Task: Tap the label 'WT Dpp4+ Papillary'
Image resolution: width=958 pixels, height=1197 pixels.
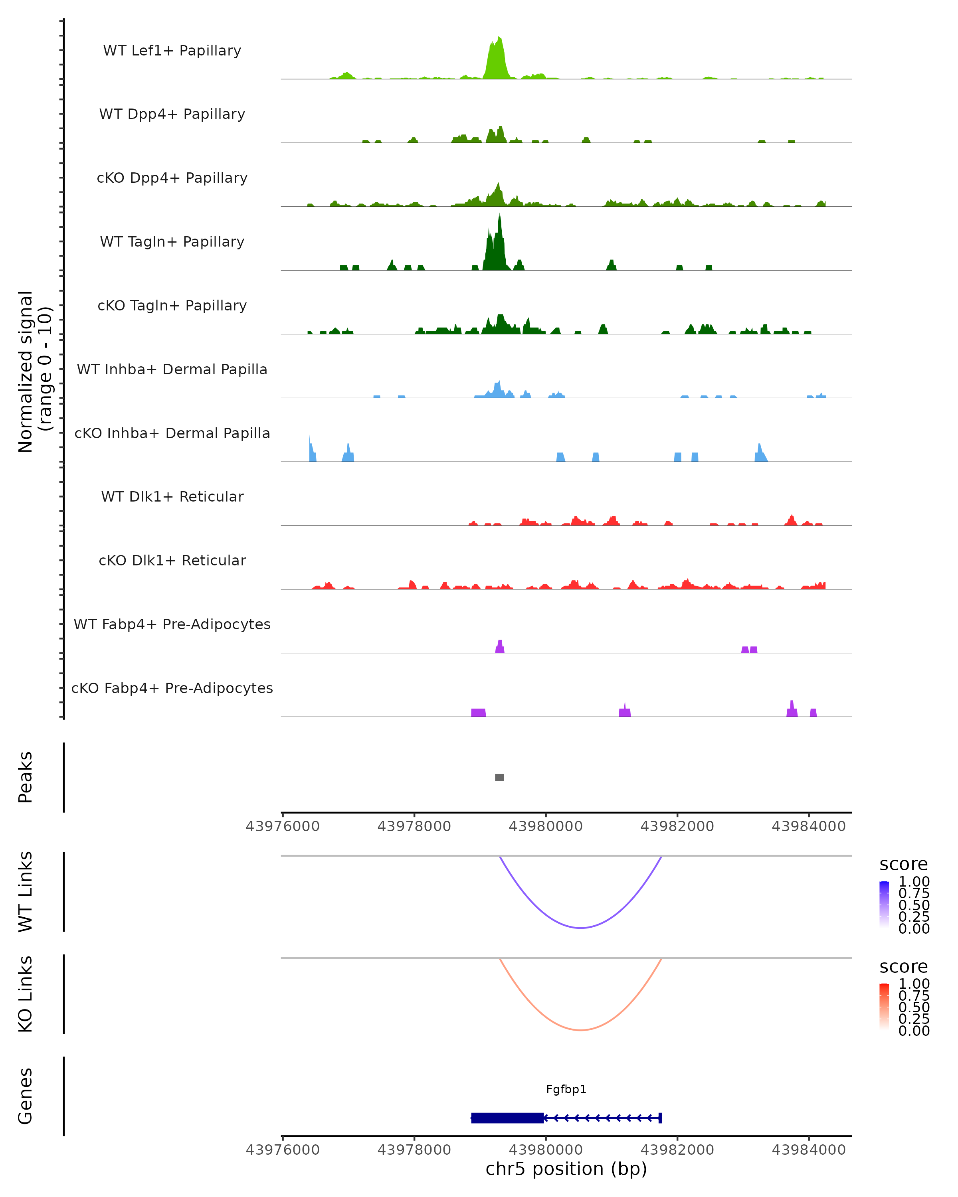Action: (x=172, y=115)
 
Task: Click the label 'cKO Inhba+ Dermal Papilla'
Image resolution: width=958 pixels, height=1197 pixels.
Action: (x=172, y=434)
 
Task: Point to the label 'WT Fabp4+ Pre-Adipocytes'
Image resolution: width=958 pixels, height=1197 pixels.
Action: (x=172, y=624)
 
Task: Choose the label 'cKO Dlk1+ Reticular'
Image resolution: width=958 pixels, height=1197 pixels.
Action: (x=172, y=561)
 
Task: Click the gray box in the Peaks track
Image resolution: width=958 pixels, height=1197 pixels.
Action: (x=499, y=777)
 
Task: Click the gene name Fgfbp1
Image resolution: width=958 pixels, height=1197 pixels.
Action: (x=566, y=1089)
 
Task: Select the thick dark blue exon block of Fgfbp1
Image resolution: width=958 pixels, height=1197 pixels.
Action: (x=507, y=1118)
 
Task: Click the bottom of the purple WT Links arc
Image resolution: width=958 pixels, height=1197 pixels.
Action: (x=580, y=928)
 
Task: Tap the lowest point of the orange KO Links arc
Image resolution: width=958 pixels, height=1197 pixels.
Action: (x=580, y=1030)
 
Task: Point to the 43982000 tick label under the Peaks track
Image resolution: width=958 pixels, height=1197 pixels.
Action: (x=677, y=826)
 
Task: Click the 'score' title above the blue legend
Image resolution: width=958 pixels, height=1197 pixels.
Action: (x=904, y=865)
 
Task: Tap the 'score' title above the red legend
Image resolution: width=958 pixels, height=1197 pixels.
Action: (x=904, y=967)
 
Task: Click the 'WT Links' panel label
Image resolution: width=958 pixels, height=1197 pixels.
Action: (x=26, y=892)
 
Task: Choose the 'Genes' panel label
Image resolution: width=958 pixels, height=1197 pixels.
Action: (x=26, y=1096)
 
